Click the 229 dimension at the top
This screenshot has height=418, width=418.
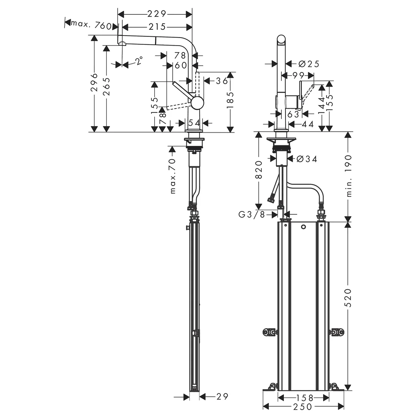coord(157,14)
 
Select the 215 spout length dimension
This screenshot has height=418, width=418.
coord(157,27)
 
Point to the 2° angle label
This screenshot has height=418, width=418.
coord(139,61)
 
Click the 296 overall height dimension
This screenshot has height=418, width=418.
coord(94,82)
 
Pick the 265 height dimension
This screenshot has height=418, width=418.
coord(107,87)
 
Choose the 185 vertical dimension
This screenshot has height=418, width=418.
coord(230,100)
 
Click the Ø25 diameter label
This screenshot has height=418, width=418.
coord(309,64)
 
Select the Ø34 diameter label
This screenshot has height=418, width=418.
coord(307,159)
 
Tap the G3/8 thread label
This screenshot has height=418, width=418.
coord(252,214)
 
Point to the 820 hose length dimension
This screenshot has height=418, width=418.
coord(259,170)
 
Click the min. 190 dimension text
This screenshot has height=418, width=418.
coord(349,176)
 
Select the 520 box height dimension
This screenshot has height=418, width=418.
coord(349,298)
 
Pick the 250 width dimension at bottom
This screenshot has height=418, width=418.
coord(303,407)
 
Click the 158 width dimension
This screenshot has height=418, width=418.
coord(305,398)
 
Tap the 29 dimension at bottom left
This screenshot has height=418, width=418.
coord(222,397)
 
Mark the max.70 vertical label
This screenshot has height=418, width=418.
coord(173,176)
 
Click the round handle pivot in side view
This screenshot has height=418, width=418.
coord(197,103)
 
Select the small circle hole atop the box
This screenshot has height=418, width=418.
coord(303,227)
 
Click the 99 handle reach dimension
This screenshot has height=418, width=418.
coord(298,75)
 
